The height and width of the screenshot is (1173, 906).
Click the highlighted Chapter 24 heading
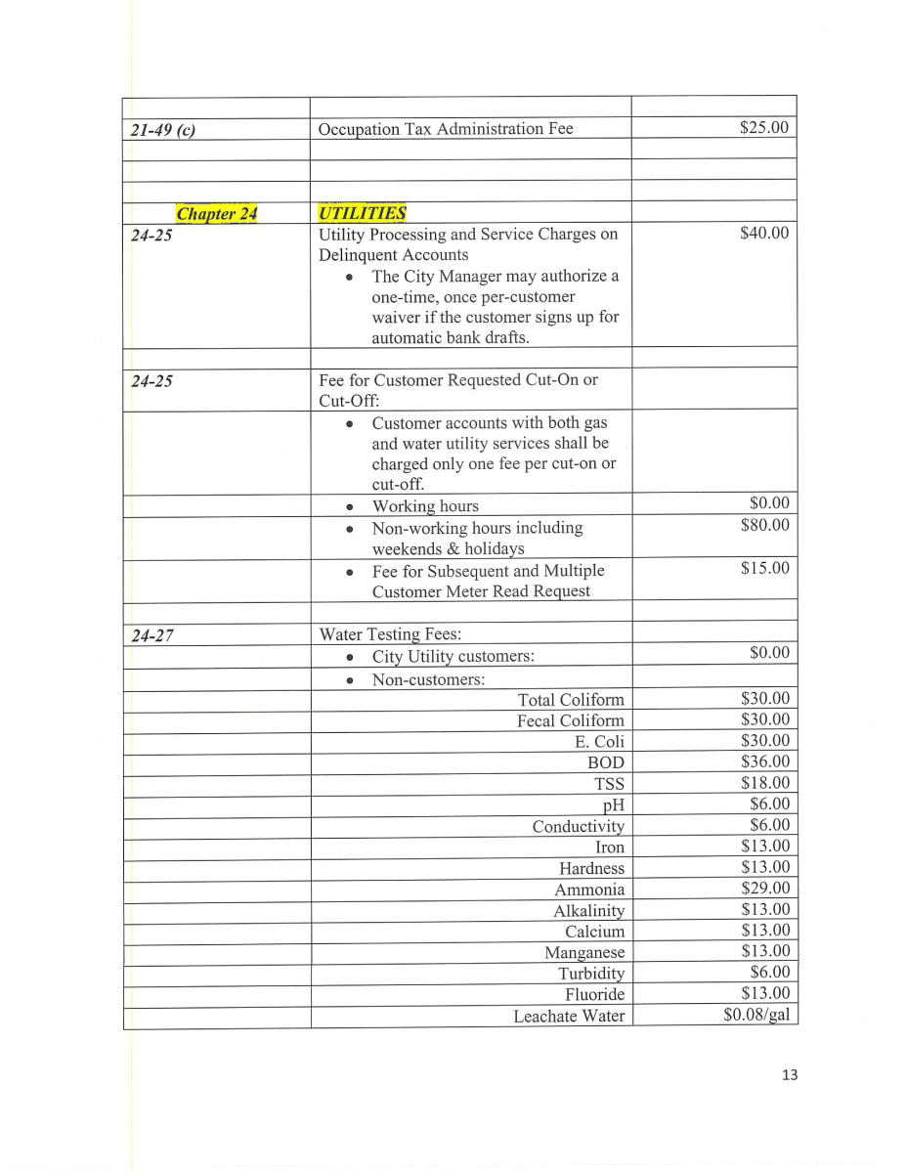216,213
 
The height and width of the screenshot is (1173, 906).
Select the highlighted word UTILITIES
362,212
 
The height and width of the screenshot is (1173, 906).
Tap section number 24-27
152,635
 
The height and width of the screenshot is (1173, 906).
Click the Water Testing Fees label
390,634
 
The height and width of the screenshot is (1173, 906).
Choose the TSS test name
609,784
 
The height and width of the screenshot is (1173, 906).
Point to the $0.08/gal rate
756,1015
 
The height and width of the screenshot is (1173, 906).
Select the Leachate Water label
569,1017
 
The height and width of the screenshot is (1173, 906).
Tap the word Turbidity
591,974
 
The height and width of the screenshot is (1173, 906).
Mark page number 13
790,1075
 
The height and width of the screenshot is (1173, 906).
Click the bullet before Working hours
350,507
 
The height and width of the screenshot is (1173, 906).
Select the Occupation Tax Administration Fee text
446,129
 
